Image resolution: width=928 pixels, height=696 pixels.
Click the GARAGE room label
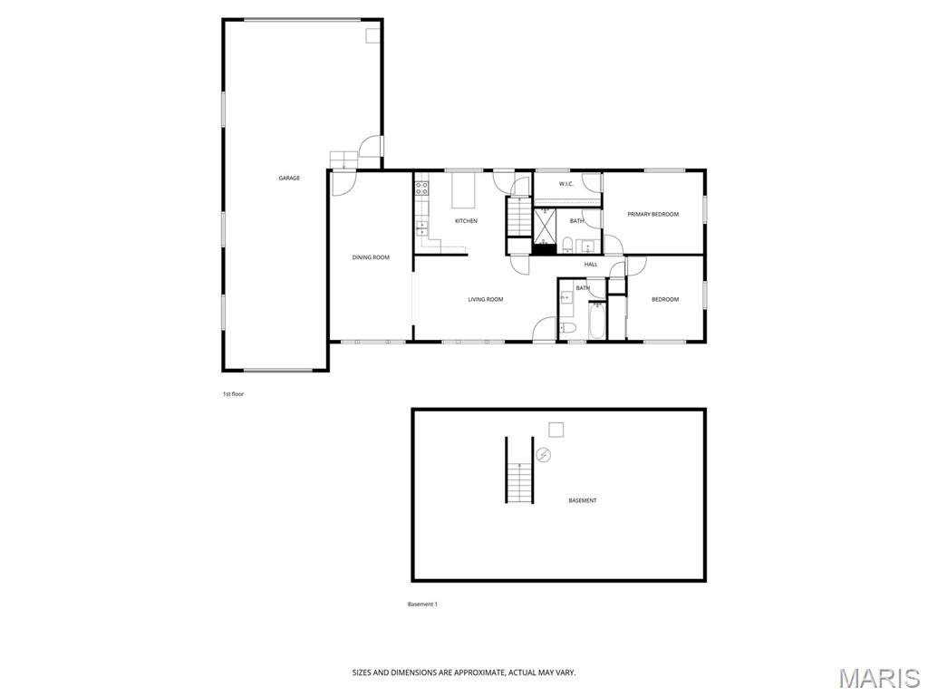(x=289, y=178)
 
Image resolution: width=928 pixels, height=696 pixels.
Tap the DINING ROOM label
(x=371, y=257)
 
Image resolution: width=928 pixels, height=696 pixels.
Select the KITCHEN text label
(x=466, y=221)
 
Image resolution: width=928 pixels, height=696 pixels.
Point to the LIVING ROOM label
(x=485, y=299)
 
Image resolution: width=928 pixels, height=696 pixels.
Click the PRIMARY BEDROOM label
(x=653, y=214)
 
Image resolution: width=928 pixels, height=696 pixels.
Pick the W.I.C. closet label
(x=566, y=184)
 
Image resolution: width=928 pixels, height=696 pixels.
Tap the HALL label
(x=591, y=265)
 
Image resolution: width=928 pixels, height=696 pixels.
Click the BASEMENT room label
(x=583, y=500)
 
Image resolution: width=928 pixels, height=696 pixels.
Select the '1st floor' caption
(x=233, y=394)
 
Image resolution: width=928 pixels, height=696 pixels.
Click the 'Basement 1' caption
(x=422, y=604)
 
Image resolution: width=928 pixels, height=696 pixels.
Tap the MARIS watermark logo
(x=878, y=678)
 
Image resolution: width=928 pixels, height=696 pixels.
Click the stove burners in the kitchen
(x=421, y=188)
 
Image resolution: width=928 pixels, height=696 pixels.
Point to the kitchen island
(x=464, y=191)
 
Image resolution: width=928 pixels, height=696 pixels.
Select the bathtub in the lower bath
(x=597, y=321)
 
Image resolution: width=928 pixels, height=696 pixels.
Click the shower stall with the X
(x=544, y=226)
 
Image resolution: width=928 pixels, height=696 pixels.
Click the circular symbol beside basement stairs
(x=544, y=455)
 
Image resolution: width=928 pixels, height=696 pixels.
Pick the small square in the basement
(x=556, y=430)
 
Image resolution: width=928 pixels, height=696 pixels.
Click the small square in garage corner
(x=372, y=35)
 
